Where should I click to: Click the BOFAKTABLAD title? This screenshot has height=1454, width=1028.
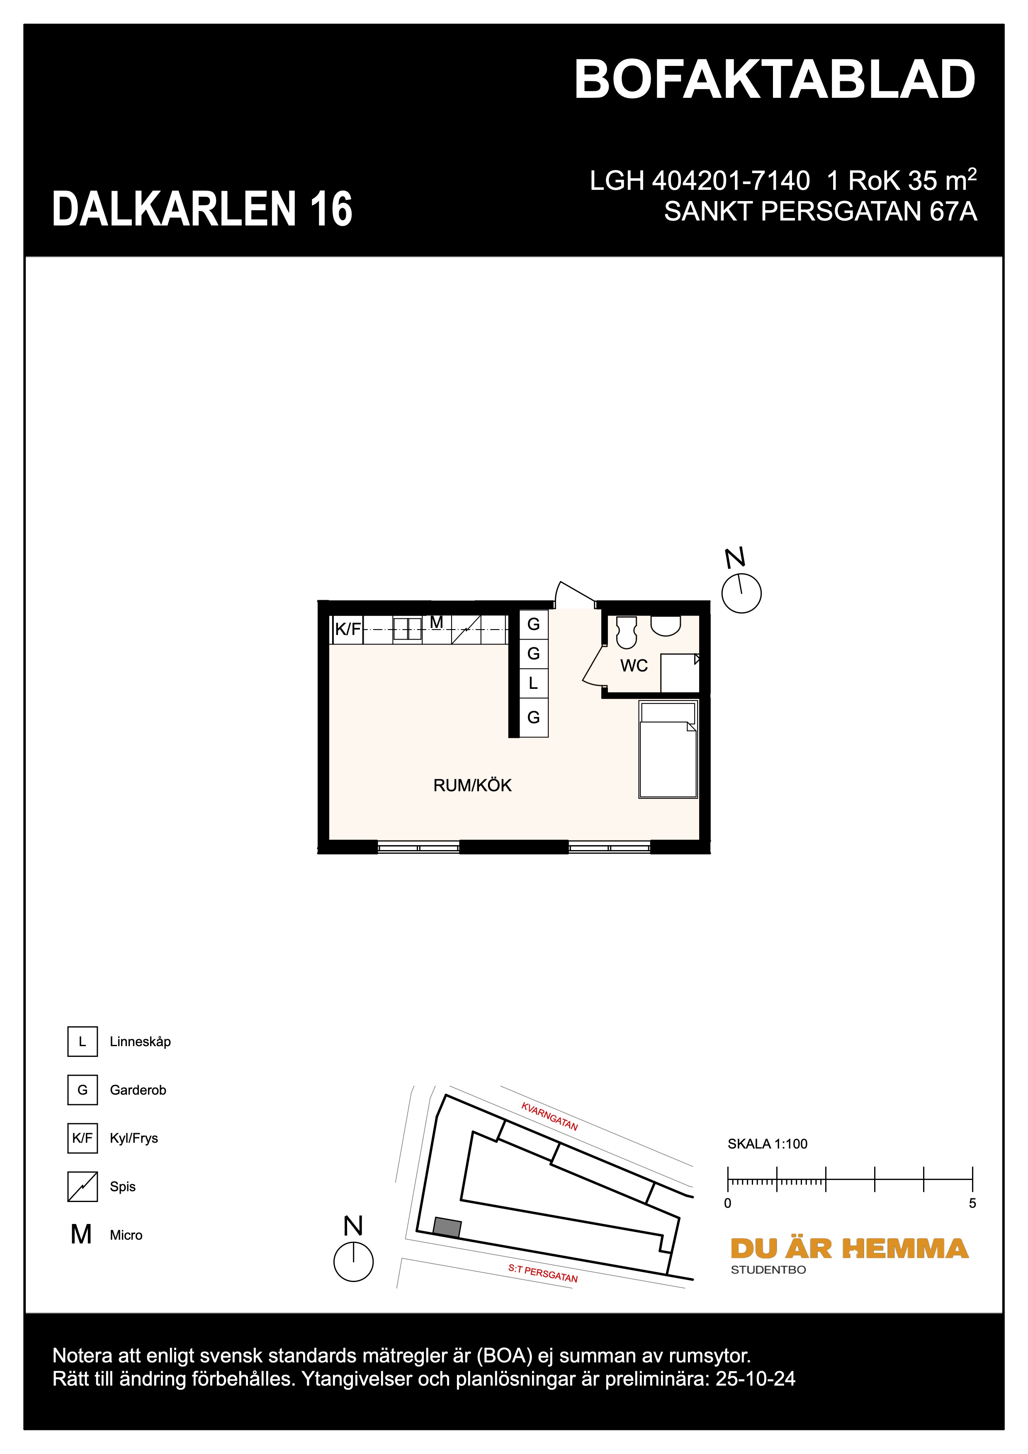pos(774,80)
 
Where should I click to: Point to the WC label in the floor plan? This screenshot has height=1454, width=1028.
pos(633,666)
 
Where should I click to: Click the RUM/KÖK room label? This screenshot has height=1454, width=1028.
pos(472,785)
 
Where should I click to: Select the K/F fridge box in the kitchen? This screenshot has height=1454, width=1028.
pos(347,630)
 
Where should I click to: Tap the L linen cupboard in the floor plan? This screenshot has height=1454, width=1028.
pos(533,683)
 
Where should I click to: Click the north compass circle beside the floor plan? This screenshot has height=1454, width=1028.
pos(741,594)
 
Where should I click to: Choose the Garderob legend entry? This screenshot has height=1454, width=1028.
pos(137,1090)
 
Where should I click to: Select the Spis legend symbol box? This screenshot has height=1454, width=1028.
pos(83,1187)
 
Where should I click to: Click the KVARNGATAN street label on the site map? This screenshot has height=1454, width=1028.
pos(549,1117)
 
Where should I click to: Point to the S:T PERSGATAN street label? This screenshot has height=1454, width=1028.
pos(543,1274)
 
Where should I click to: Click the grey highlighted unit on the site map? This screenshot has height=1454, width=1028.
pos(447,1227)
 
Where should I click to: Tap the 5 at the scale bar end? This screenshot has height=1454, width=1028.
pos(972,1203)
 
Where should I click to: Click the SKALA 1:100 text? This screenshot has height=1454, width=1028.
pos(767,1144)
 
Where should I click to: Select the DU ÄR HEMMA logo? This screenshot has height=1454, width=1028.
pos(849,1249)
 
